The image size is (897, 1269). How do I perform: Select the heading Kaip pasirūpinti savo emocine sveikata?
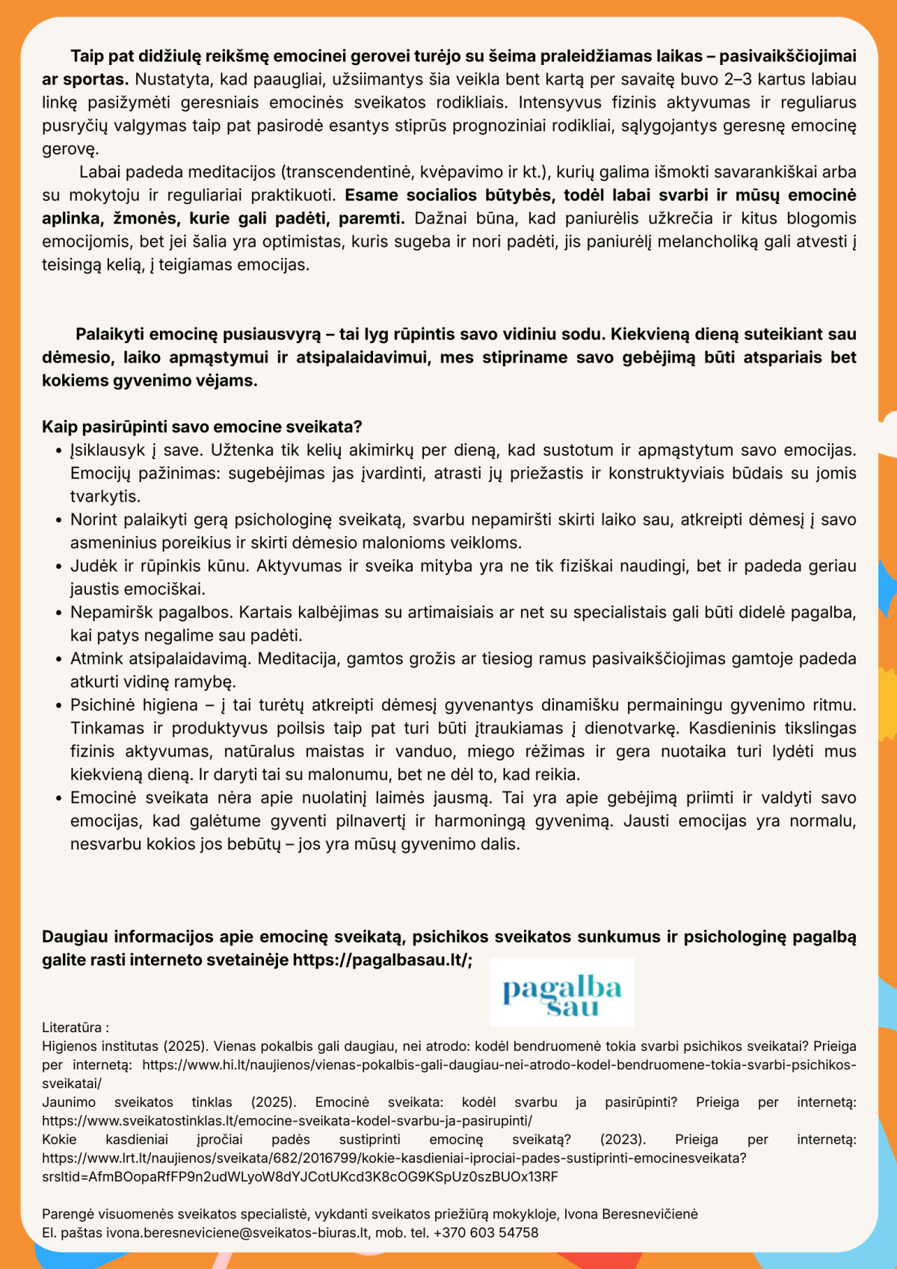(x=202, y=427)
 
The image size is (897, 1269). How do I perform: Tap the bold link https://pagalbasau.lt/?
(x=380, y=960)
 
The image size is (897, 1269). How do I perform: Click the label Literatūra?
(x=72, y=1028)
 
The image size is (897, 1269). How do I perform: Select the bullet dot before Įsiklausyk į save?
(x=58, y=451)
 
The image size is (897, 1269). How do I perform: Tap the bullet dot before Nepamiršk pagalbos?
(x=58, y=613)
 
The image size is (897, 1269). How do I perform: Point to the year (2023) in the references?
(x=623, y=1140)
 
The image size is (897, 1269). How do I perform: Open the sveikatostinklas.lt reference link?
(x=287, y=1121)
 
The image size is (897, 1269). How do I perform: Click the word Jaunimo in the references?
(x=69, y=1102)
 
